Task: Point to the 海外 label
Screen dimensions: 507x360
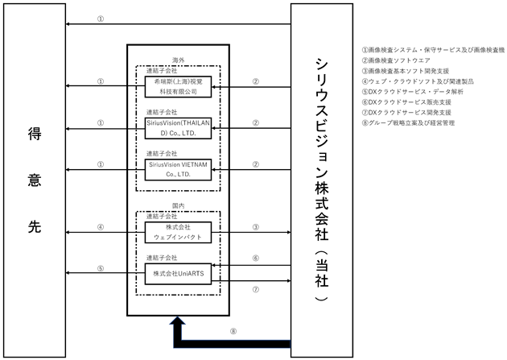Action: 178,60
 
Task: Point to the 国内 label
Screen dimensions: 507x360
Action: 178,205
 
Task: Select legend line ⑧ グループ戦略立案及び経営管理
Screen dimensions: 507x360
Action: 408,123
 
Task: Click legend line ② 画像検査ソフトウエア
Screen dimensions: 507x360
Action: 396,60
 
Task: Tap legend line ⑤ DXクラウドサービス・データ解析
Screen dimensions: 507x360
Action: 412,92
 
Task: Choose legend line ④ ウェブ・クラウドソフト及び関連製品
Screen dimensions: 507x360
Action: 418,81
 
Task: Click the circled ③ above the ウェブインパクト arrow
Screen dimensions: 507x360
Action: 255,227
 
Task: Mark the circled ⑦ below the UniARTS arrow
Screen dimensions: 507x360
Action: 255,289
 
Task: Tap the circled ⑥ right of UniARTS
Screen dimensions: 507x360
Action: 255,258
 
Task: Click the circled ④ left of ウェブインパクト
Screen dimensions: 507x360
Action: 101,227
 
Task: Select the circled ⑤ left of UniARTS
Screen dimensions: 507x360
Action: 101,268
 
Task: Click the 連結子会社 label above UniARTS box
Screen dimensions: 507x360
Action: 162,258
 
